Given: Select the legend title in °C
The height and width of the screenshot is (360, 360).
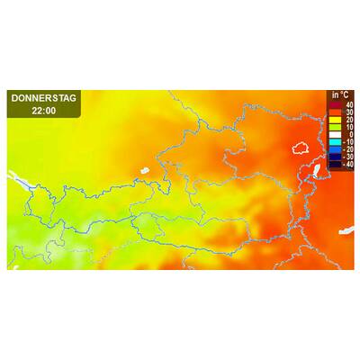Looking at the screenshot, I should pyautogui.click(x=340, y=95).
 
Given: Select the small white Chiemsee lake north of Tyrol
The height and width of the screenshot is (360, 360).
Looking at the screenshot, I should pyautogui.click(x=144, y=168).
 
